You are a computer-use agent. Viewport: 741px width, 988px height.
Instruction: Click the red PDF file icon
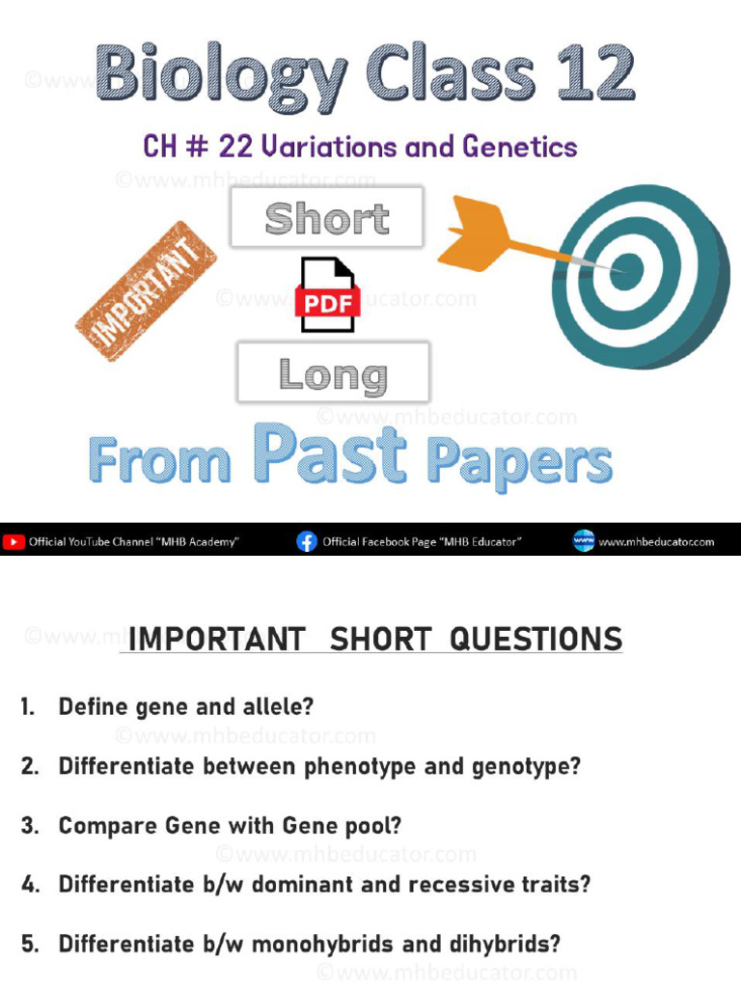[328, 295]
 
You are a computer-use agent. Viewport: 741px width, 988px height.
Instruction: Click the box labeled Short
[327, 218]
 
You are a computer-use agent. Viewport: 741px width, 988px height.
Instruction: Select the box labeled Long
[333, 373]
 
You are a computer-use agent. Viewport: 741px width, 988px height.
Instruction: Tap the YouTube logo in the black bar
[14, 542]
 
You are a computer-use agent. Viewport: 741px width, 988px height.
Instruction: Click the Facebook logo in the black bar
[307, 542]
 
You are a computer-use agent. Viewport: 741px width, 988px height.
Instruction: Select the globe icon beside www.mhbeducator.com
[584, 541]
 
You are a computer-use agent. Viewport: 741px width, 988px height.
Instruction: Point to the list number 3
[29, 827]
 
